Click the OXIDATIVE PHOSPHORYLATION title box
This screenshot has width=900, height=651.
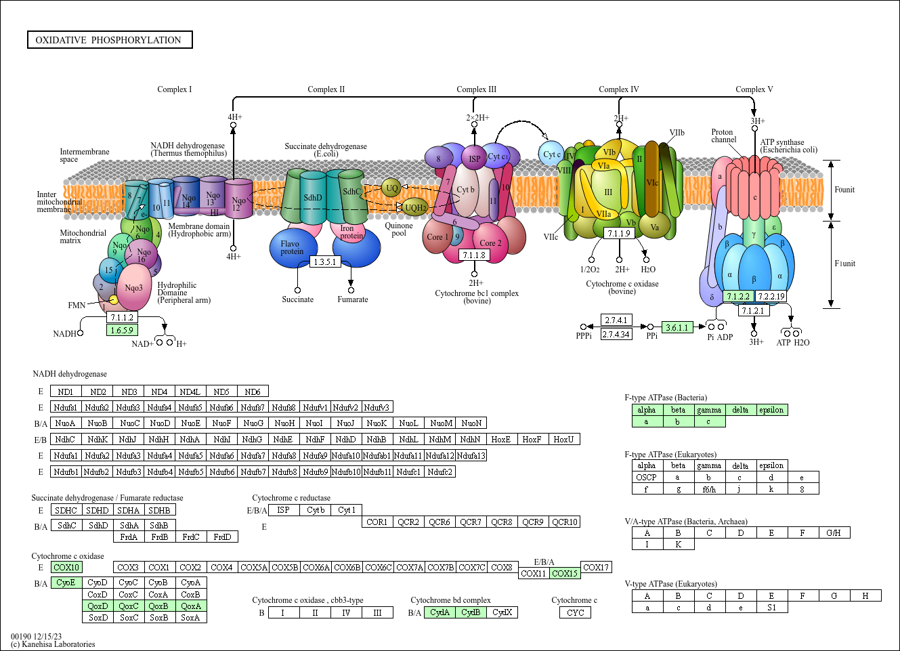point(109,40)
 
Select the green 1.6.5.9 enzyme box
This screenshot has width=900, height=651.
point(122,330)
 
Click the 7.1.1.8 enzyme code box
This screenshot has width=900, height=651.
point(474,255)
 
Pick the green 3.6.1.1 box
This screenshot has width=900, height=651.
point(677,327)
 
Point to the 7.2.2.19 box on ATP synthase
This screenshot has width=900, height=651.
point(771,296)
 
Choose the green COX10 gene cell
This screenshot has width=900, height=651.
point(66,567)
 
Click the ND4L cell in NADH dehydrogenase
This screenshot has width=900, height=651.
point(190,392)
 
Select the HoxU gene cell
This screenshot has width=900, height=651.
point(563,439)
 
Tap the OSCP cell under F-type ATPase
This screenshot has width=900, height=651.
point(647,477)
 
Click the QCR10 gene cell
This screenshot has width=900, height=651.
point(564,522)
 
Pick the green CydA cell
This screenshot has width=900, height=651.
point(440,612)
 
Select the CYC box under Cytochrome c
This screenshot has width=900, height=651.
point(576,612)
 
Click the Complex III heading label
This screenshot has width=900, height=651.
point(476,89)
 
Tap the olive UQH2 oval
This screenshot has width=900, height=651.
point(415,207)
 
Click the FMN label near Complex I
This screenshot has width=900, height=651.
point(77,306)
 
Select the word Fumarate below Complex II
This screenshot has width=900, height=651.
point(353,299)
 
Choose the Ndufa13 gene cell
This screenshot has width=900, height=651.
point(471,455)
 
